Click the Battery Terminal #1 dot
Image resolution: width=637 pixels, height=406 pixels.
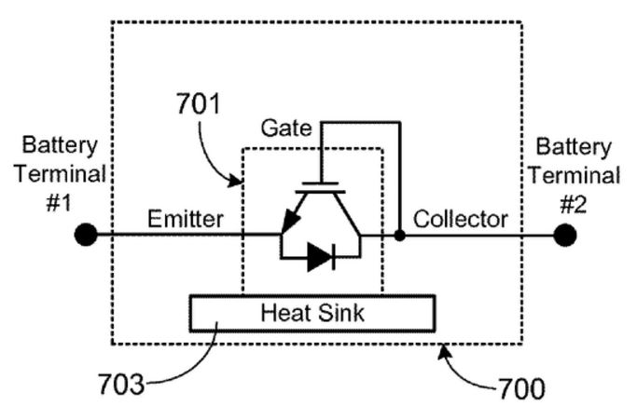click(x=86, y=235)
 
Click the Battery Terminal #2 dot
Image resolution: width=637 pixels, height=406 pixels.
click(x=565, y=235)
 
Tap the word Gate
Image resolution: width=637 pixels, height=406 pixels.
click(x=286, y=129)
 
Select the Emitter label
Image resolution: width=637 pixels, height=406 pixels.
click(x=186, y=219)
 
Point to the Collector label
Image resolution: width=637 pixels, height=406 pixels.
click(x=461, y=219)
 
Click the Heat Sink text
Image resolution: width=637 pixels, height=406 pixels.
click(x=312, y=313)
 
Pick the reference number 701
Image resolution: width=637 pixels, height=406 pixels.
click(x=199, y=104)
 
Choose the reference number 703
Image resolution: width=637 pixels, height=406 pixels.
click(x=122, y=384)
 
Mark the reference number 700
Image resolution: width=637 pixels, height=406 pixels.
click(x=521, y=388)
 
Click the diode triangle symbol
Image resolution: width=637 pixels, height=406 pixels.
click(x=320, y=257)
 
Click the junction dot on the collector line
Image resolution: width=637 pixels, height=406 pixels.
click(x=400, y=235)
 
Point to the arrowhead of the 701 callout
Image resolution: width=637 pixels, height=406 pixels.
click(x=237, y=181)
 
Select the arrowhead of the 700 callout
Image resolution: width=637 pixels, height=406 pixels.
click(x=445, y=351)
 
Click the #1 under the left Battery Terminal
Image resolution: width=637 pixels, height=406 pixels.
click(x=60, y=203)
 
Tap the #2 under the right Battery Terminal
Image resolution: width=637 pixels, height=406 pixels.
click(x=574, y=204)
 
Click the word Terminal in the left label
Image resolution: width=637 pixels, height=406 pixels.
click(x=60, y=174)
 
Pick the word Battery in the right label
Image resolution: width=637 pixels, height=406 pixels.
click(x=574, y=146)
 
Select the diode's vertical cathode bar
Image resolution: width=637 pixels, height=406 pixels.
click(x=334, y=257)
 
